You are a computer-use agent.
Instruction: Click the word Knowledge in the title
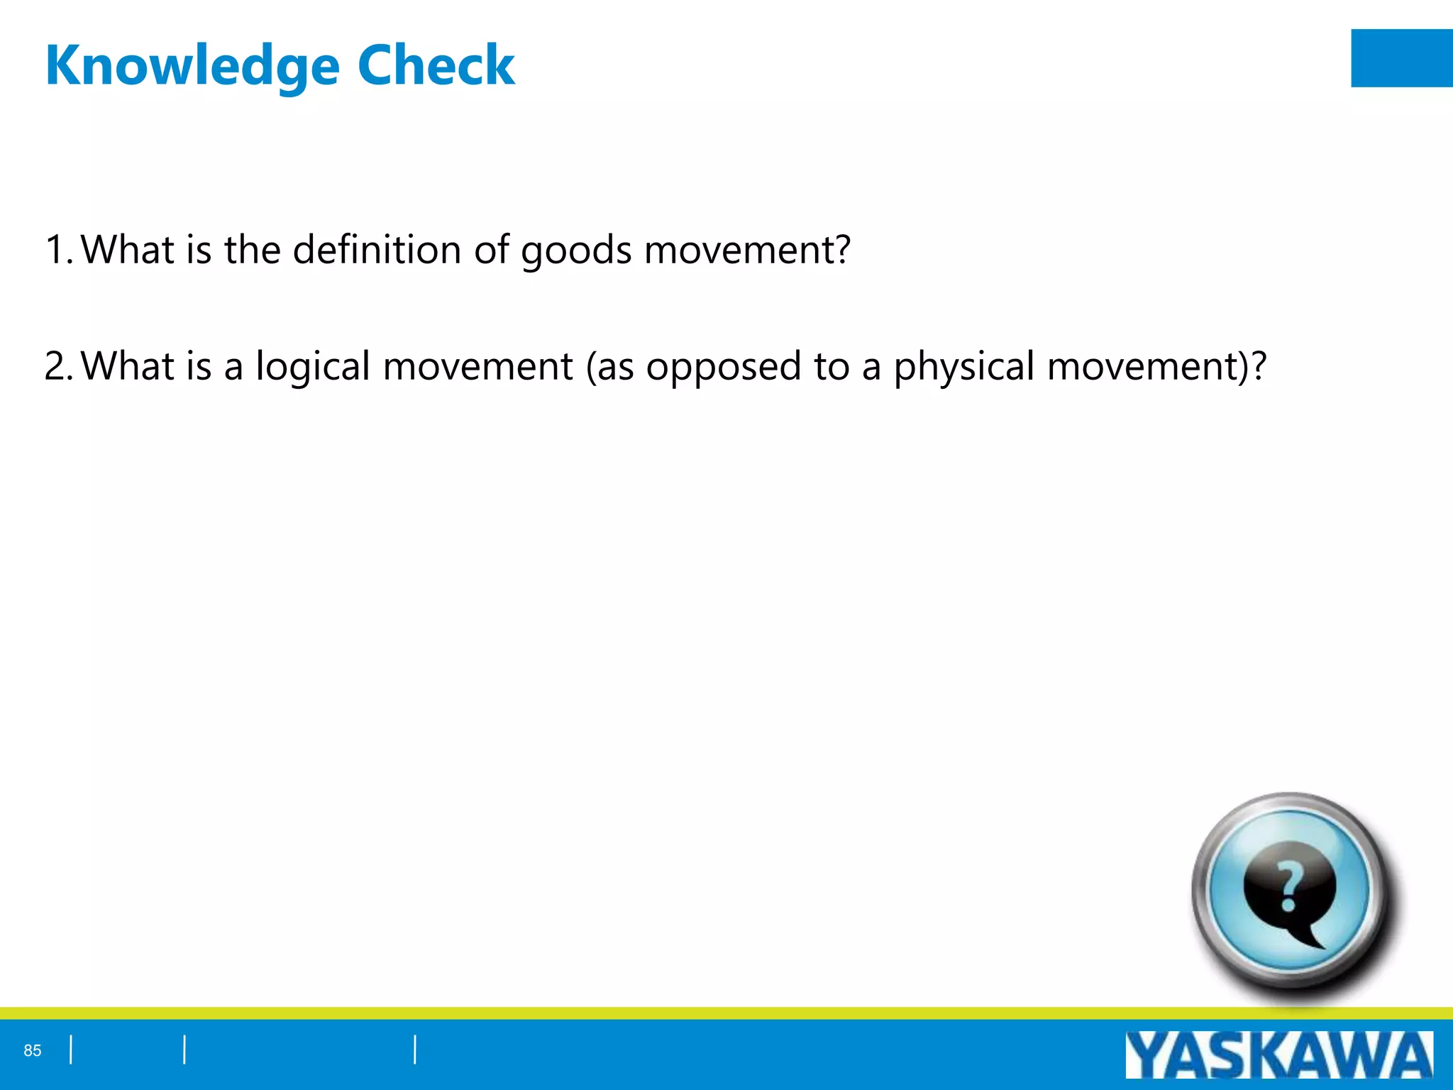point(192,66)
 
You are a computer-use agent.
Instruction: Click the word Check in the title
point(436,65)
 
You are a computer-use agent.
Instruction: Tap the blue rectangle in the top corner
point(1401,58)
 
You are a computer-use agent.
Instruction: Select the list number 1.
point(56,250)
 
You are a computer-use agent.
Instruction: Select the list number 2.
point(56,366)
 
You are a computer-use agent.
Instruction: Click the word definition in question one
point(377,250)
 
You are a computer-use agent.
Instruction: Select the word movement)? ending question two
point(1156,366)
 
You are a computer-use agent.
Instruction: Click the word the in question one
point(253,250)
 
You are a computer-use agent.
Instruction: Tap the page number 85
point(33,1051)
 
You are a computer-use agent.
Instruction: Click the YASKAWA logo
point(1278,1055)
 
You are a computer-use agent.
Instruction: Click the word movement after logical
point(477,366)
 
